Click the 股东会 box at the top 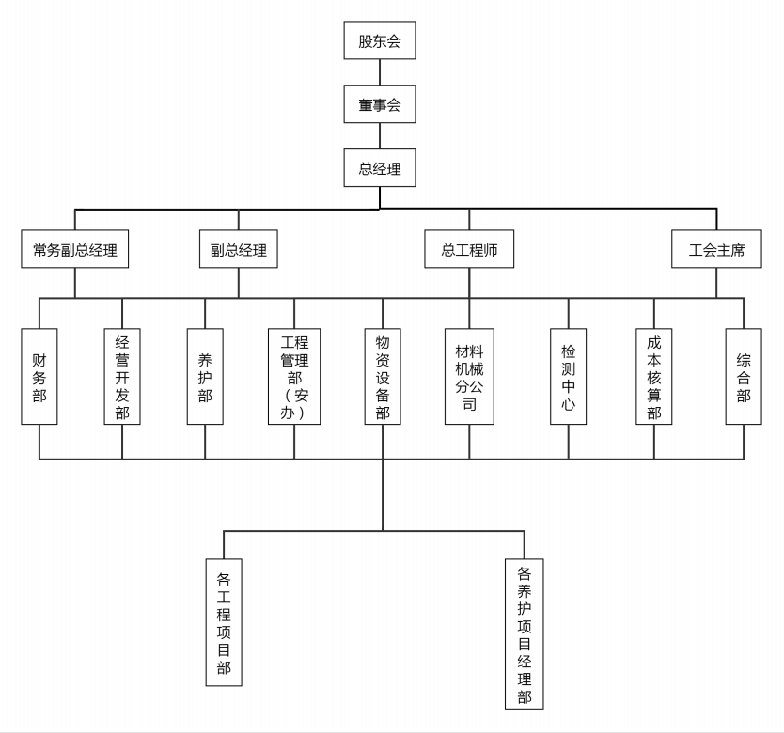[x=379, y=41]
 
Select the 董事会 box [x=379, y=105]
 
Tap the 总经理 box [x=379, y=169]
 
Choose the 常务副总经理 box [x=75, y=250]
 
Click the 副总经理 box [x=238, y=250]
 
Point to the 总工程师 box [x=469, y=250]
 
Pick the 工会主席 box [x=716, y=250]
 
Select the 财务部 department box [x=39, y=376]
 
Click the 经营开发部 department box [x=122, y=376]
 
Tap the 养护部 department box [x=205, y=376]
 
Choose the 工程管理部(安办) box [x=294, y=376]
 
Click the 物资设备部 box [x=383, y=376]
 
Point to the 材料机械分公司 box [x=469, y=376]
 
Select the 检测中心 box [x=568, y=376]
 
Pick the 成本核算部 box [x=654, y=376]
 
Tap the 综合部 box [x=744, y=376]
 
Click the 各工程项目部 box [x=224, y=622]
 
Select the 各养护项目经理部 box [x=525, y=633]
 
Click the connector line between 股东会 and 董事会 [x=380, y=72]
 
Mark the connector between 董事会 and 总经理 [x=380, y=136]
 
